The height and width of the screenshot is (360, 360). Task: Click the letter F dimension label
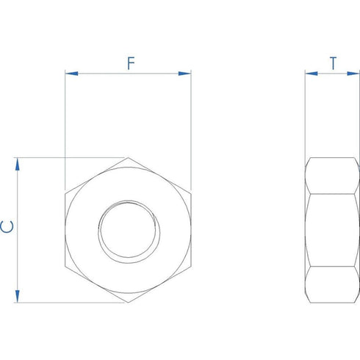131,63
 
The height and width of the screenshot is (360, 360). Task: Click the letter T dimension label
333,63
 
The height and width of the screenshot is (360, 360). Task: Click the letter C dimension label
7,226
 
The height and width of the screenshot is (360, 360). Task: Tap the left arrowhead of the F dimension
71,73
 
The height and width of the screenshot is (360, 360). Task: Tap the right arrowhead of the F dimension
184,73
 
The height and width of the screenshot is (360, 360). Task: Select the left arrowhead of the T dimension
312,73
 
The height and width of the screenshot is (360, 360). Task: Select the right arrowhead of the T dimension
353,73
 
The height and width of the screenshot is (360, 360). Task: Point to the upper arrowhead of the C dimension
17,164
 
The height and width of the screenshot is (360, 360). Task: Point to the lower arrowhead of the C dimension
17,296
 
